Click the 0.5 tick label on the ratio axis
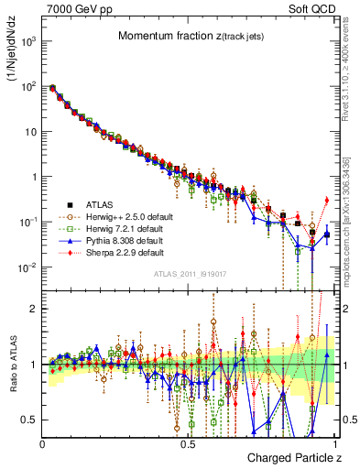coord(29,420)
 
